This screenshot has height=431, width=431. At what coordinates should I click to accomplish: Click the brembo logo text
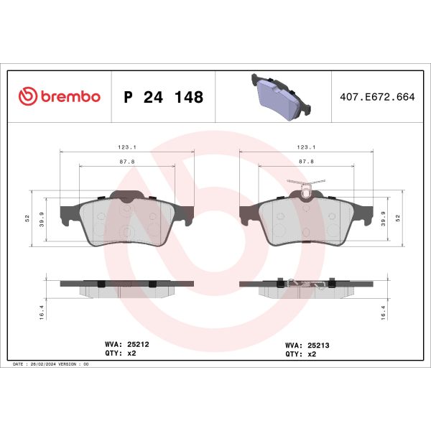pyautogui.click(x=70, y=97)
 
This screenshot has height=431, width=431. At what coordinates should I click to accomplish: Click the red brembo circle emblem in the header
pyautogui.click(x=27, y=97)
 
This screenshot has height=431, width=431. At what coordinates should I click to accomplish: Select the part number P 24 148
pyautogui.click(x=164, y=97)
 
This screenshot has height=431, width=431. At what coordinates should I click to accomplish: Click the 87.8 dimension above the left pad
pyautogui.click(x=126, y=162)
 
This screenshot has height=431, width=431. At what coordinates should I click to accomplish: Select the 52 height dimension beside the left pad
pyautogui.click(x=27, y=218)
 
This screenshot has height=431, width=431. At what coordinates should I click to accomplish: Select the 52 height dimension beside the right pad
pyautogui.click(x=398, y=218)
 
